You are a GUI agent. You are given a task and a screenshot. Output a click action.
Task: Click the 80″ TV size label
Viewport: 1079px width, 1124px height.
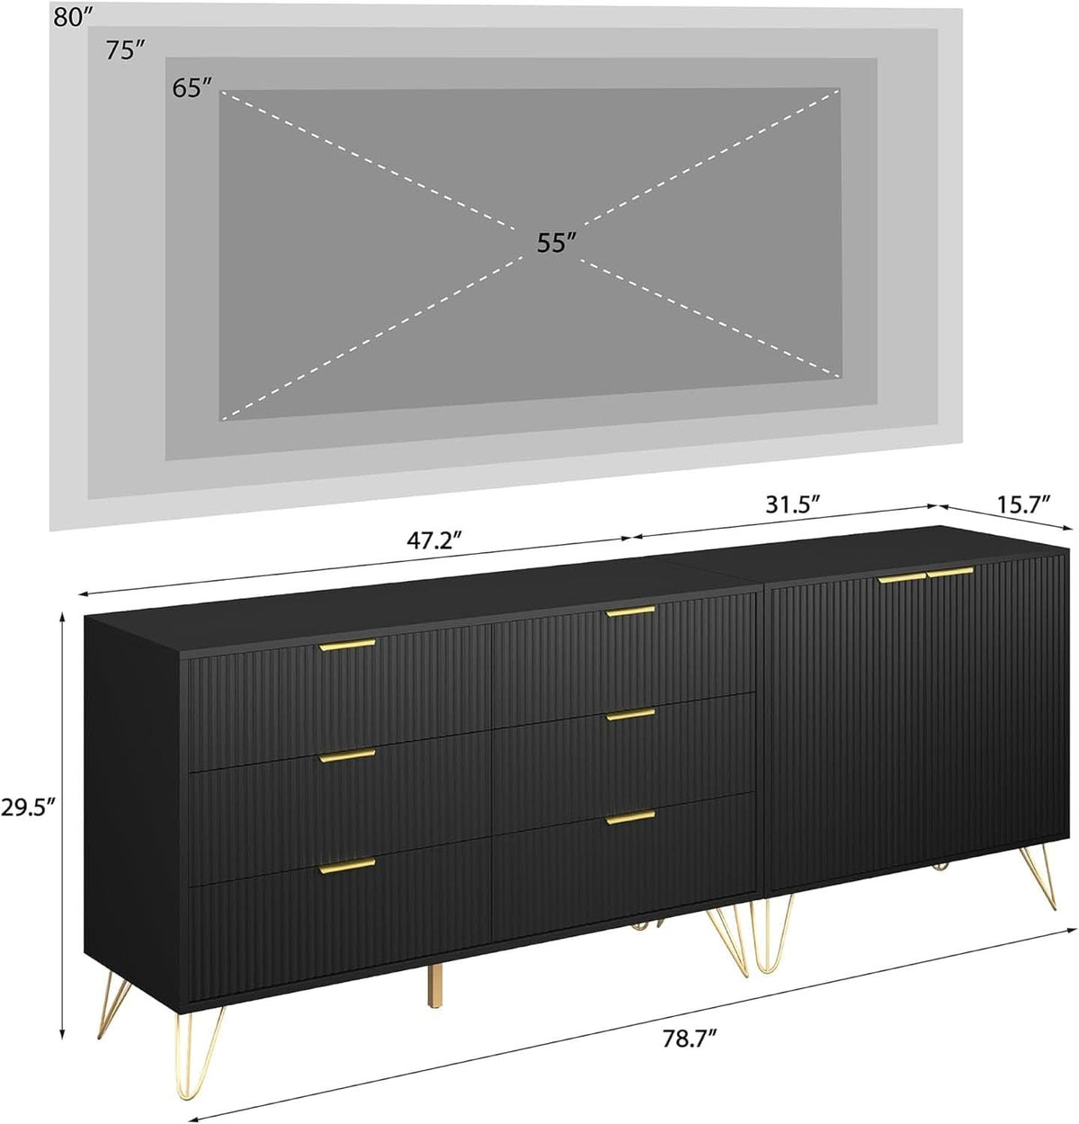point(73,17)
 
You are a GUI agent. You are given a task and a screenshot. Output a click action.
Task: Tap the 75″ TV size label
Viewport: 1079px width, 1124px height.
point(124,50)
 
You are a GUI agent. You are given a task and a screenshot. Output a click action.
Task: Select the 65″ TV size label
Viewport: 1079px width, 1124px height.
point(192,88)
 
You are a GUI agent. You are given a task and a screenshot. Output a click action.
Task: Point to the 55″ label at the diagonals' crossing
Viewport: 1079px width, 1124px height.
point(557,243)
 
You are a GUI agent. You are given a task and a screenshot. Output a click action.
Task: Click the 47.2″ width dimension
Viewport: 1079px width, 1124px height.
point(435,540)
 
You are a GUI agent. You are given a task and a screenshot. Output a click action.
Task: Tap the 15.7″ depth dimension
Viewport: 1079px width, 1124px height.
point(1023,504)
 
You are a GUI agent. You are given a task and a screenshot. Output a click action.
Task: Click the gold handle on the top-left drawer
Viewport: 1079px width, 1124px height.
point(347,645)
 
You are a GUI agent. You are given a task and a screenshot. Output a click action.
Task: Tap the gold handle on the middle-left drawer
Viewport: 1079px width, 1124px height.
point(347,755)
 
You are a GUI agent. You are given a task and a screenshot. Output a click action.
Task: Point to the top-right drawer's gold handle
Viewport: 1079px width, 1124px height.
point(630,611)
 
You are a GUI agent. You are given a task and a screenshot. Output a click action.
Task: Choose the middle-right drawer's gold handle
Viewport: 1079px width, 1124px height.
point(630,715)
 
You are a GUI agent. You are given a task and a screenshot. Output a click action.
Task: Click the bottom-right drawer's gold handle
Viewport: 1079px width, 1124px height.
point(630,818)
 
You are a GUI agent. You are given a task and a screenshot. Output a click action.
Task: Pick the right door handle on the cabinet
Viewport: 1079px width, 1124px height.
point(950,573)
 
